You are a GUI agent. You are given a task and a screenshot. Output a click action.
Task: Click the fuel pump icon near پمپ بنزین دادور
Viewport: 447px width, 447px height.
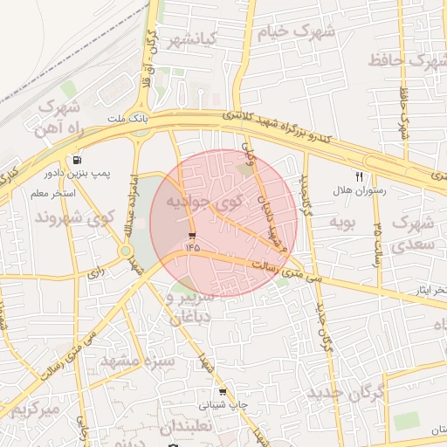(79, 160)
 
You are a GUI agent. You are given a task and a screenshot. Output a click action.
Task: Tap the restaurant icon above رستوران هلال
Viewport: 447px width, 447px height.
(359, 176)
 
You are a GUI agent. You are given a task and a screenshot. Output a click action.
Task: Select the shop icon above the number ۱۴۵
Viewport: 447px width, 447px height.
(191, 235)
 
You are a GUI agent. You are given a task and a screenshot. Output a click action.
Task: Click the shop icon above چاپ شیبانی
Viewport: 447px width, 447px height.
(224, 393)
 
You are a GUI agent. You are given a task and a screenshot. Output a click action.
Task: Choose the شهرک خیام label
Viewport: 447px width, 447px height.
(295, 32)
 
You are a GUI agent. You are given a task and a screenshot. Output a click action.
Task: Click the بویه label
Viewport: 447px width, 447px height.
(342, 223)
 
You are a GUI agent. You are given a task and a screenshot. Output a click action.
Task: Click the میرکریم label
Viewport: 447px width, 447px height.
(30, 409)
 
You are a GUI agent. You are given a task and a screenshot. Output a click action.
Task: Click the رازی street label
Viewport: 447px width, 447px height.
(94, 272)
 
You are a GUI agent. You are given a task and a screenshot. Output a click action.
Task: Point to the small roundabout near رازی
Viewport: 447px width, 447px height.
(126, 251)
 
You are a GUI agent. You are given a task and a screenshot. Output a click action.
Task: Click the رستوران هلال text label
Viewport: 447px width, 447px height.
(359, 189)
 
